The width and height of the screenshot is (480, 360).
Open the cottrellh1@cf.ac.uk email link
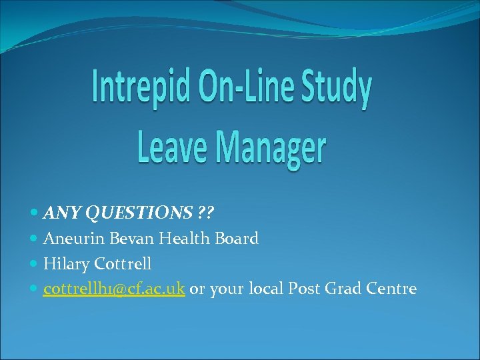tap(114, 289)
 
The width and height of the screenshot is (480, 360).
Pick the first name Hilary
tap(64, 264)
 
